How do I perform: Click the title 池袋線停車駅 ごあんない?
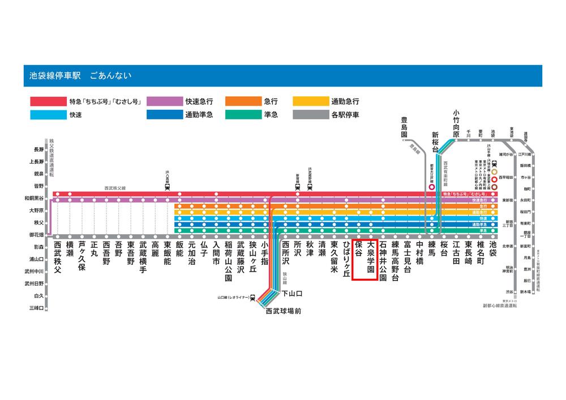pyautogui.click(x=80, y=76)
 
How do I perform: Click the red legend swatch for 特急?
pyautogui.click(x=47, y=102)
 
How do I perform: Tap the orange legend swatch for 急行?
pyautogui.click(x=242, y=102)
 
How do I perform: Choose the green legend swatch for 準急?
pyautogui.click(x=242, y=115)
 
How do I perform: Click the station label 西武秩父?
pyautogui.click(x=57, y=257)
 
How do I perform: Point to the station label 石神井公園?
pyautogui.click(x=383, y=261)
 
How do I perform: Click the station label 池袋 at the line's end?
pyautogui.click(x=493, y=250)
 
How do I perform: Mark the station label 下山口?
pyautogui.click(x=293, y=293)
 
